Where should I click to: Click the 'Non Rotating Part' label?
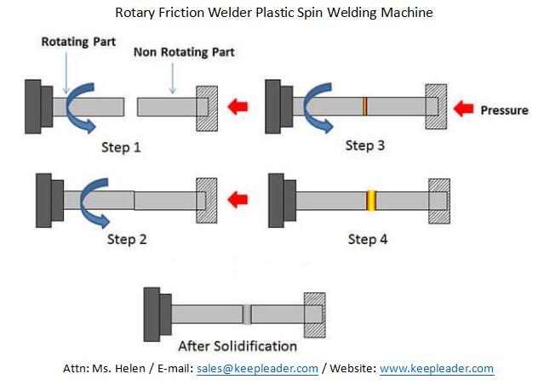(183, 53)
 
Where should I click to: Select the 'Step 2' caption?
(126, 240)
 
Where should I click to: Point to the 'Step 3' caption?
(365, 145)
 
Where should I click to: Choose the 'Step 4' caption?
(368, 240)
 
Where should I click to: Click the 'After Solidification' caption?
(238, 346)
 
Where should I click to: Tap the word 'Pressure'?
(504, 110)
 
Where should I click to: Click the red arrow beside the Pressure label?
(463, 108)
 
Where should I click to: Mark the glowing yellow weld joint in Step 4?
(371, 201)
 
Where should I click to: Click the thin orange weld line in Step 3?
(364, 106)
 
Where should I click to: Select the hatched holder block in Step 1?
(208, 108)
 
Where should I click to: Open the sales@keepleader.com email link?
(257, 369)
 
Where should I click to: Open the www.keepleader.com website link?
(436, 369)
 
